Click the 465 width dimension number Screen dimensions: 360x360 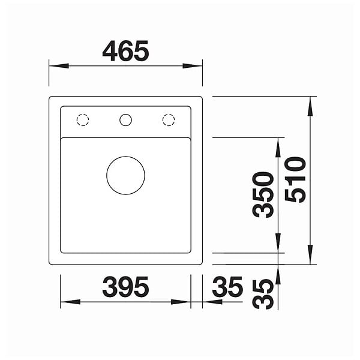click(x=125, y=51)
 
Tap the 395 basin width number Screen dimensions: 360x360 click(x=125, y=287)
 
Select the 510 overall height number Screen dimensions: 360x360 click(x=295, y=179)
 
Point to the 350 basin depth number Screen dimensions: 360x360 click(x=263, y=194)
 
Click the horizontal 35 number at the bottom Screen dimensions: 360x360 click(x=227, y=287)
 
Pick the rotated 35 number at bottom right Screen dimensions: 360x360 click(x=263, y=294)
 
